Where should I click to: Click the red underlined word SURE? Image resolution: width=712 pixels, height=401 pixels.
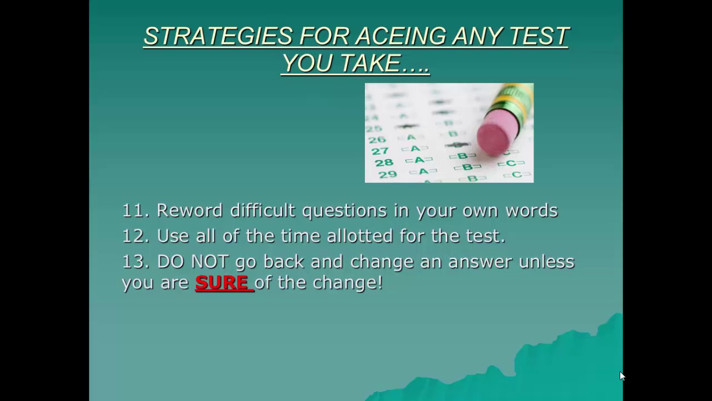(222, 283)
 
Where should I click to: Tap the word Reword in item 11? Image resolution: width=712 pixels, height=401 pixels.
(189, 211)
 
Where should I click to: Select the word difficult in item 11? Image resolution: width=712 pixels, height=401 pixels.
(263, 211)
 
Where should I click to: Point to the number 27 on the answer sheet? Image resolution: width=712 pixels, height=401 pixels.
(380, 151)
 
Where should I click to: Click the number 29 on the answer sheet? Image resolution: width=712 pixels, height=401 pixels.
(388, 174)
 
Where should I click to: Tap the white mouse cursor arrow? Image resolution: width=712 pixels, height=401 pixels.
(622, 376)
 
